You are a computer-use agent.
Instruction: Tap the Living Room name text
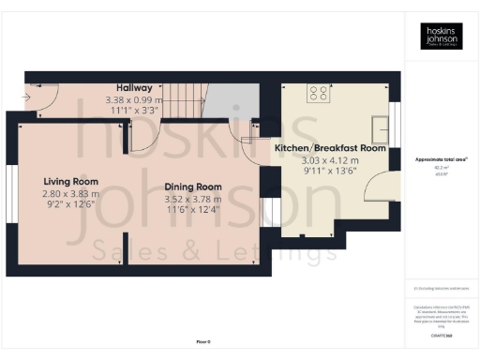70,181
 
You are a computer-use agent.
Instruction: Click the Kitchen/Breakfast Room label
330,148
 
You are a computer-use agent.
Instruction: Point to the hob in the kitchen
320,93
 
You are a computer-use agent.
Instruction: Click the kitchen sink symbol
381,128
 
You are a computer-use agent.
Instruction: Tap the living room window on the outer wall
12,194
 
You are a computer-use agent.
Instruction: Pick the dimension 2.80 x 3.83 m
70,193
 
